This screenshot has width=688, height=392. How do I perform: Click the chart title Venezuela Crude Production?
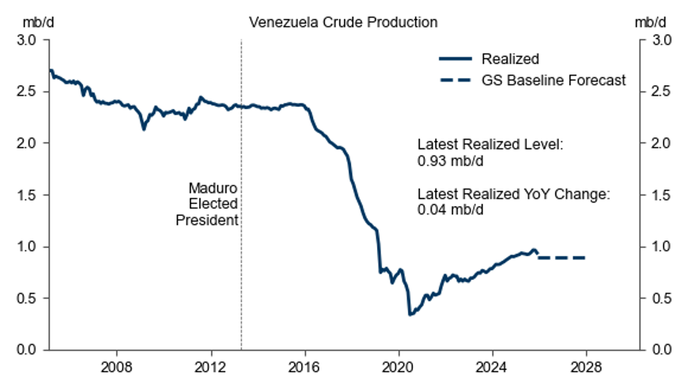343,22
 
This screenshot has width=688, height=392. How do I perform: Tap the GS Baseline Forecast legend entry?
554,80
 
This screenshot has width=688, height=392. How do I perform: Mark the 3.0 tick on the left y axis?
28,40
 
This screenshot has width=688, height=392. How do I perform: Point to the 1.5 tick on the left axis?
28,195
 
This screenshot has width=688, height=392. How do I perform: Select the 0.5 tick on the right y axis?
662,299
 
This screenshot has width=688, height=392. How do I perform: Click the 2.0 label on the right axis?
662,143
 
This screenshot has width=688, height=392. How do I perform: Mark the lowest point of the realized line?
410,315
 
